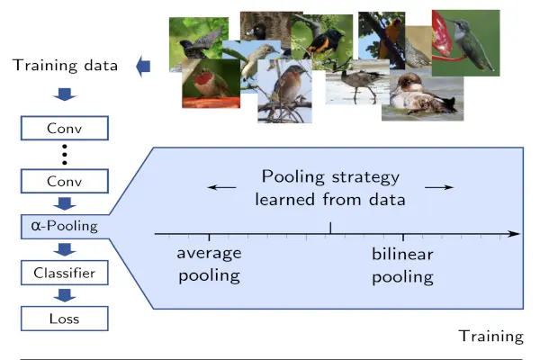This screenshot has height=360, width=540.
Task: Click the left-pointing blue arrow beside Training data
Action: (x=143, y=66)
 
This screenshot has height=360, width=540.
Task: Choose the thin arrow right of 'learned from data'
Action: (x=438, y=186)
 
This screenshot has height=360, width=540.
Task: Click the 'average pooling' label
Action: (x=208, y=265)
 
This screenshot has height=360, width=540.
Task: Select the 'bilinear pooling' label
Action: (x=402, y=265)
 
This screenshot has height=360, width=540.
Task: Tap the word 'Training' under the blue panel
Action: (x=490, y=336)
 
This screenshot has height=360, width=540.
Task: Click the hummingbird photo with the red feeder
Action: (x=466, y=43)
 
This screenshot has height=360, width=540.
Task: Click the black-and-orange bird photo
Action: (x=322, y=40)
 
